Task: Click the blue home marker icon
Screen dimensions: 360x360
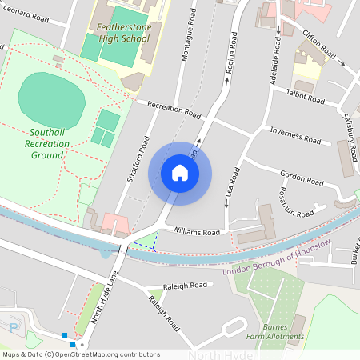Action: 180,172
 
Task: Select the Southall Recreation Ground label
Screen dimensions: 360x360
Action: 47,143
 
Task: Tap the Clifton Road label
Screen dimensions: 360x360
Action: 318,46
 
